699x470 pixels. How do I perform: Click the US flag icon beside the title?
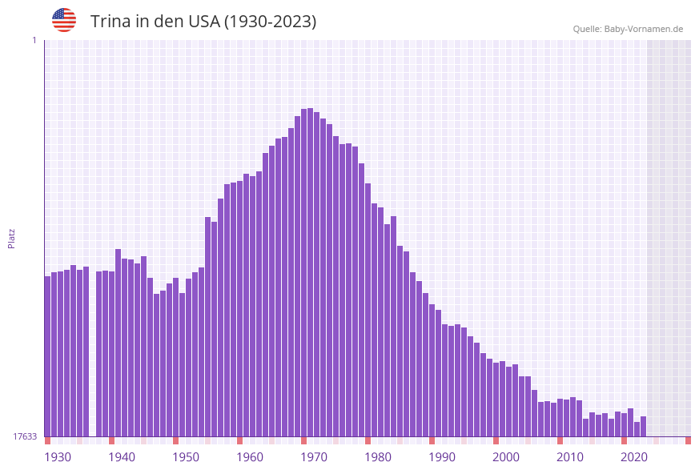coord(64,20)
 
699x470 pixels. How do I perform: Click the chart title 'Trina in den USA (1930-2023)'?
coord(203,22)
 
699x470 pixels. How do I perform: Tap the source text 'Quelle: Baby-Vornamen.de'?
coord(628,29)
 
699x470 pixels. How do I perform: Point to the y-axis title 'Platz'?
coord(12,238)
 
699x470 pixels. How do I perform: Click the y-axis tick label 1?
coord(34,40)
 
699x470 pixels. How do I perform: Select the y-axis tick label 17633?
coord(25,436)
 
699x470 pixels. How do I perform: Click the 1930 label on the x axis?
coord(58,457)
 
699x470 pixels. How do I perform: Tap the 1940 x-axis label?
coord(122,457)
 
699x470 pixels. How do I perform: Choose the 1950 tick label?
coord(186,457)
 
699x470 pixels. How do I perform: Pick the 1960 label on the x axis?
coord(250,457)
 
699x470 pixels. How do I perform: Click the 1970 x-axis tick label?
coord(314,457)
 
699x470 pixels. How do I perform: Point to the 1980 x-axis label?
coord(378,457)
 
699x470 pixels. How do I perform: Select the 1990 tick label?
coord(442,457)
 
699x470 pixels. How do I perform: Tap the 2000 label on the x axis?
coord(506,457)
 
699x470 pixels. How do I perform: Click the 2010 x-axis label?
coord(570,457)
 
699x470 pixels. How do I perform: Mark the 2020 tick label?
coord(634,457)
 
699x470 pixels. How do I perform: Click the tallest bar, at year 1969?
coord(311,272)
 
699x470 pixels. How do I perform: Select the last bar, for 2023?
coord(643,426)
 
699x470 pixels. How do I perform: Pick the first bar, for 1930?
coord(47,356)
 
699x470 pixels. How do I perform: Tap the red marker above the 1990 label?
coord(432,440)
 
